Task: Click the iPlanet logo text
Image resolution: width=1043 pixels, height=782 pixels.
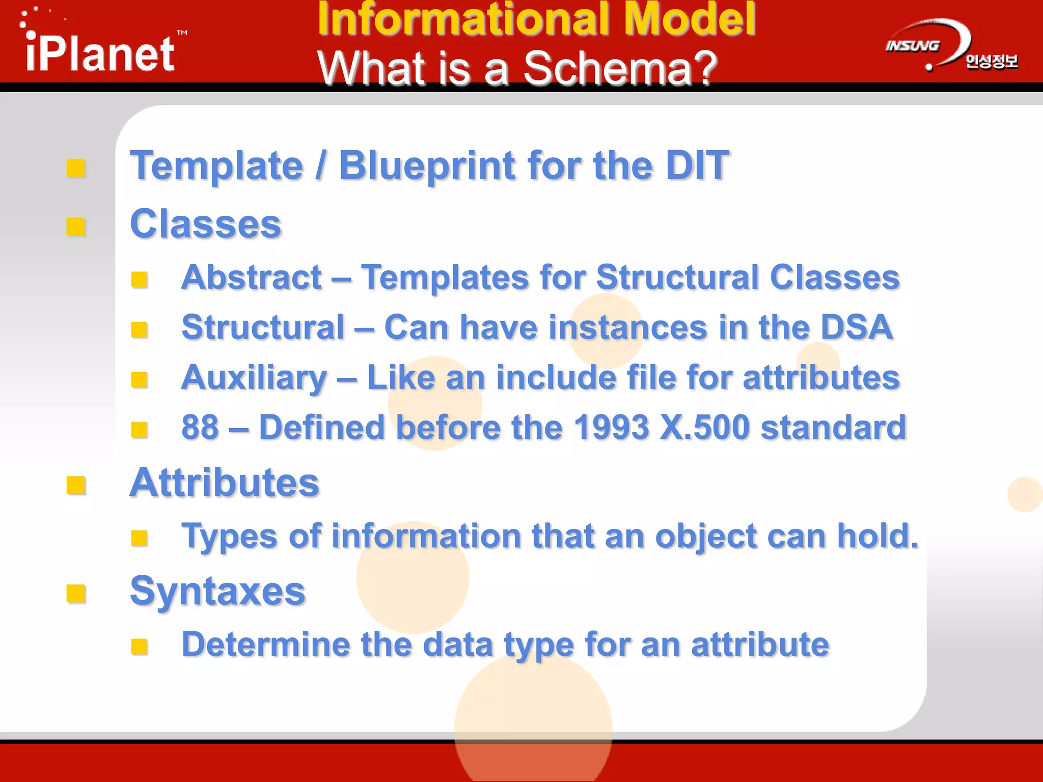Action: point(100,53)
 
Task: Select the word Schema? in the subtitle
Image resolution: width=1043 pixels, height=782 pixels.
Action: point(620,68)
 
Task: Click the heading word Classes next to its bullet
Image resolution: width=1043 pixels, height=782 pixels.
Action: point(205,224)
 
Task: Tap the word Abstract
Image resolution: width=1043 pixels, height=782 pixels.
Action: point(252,277)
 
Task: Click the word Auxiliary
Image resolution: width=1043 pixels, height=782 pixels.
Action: point(254,378)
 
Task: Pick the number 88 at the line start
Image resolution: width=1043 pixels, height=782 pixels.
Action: point(200,427)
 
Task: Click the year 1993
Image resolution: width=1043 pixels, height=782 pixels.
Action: point(611,427)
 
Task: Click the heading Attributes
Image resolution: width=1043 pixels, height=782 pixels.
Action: point(224,483)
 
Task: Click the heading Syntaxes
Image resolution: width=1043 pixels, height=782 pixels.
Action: point(217,592)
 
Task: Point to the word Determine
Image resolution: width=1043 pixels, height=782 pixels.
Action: point(265,645)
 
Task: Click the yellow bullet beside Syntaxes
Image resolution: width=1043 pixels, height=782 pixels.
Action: point(76,594)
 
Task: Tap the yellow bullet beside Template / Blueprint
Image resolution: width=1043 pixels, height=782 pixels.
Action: point(76,168)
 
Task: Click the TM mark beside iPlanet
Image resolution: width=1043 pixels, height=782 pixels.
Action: point(182,33)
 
